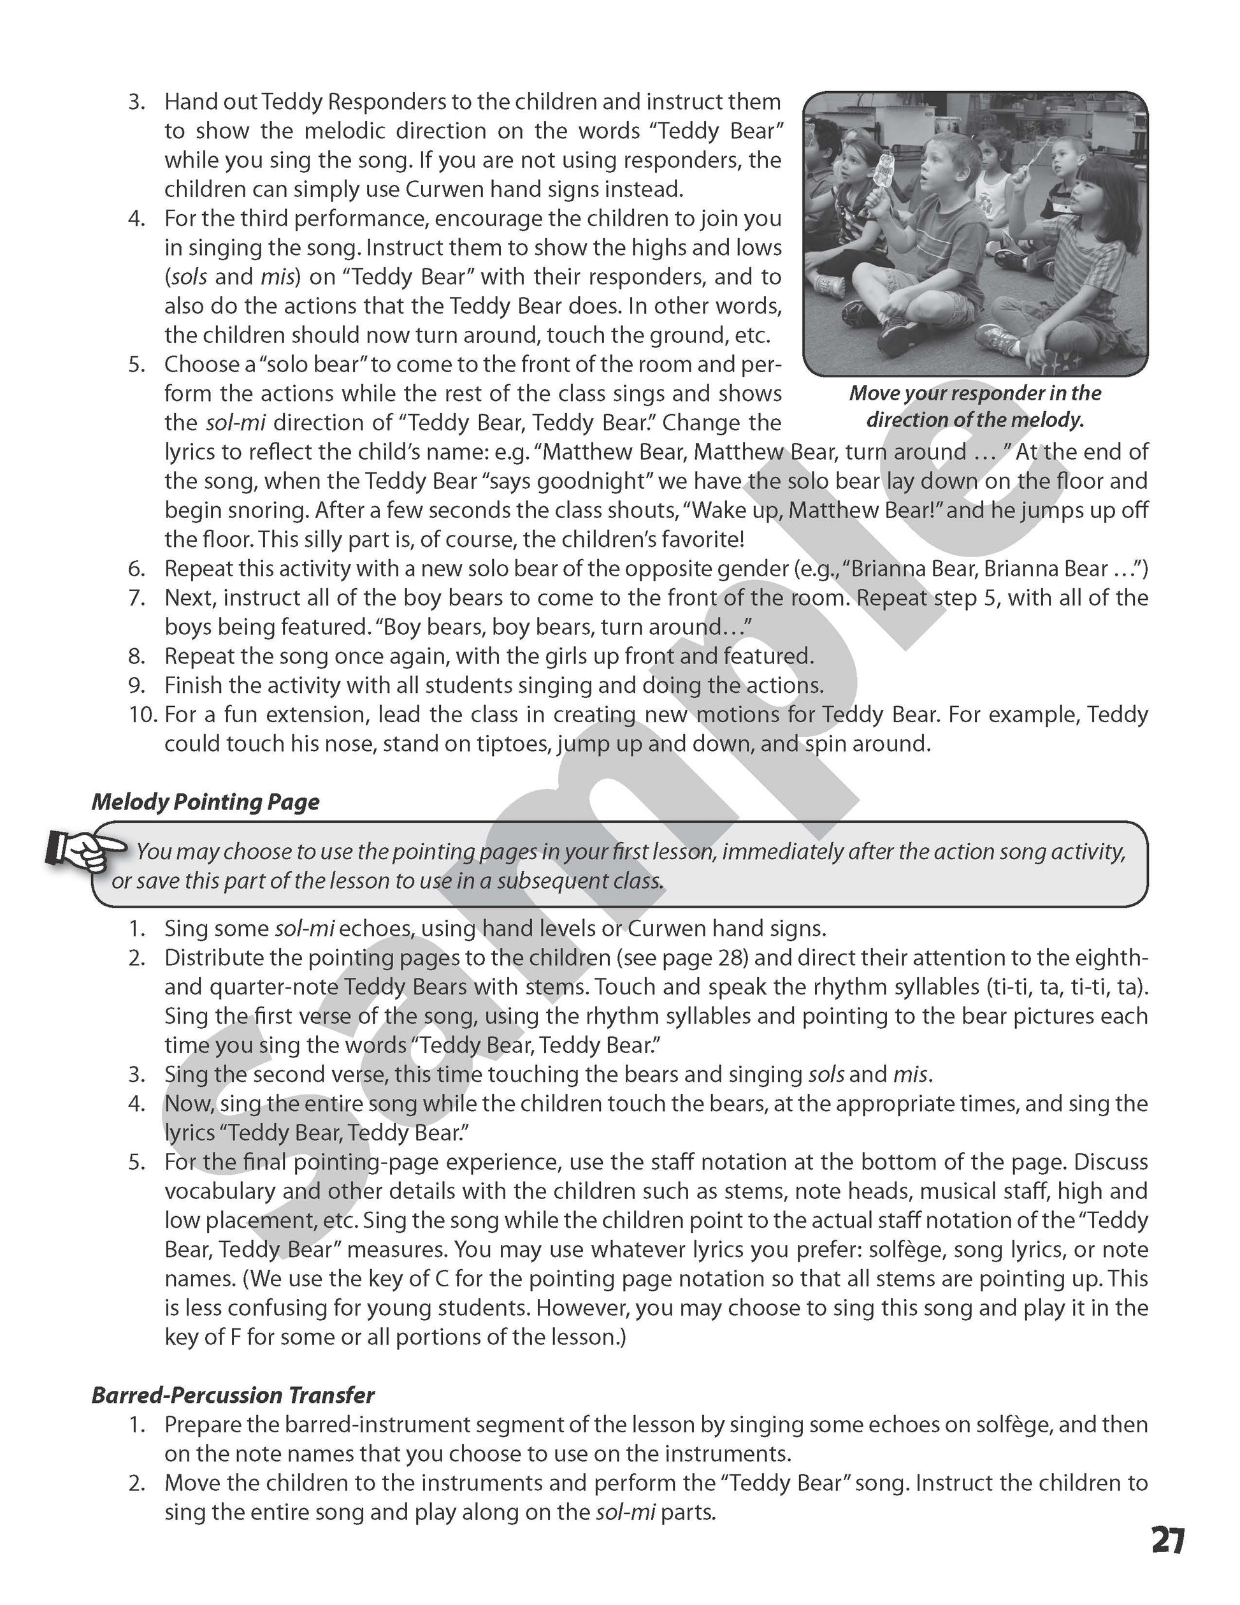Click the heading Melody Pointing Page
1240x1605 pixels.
205,802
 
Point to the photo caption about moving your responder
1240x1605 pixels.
975,407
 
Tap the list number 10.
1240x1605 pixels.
143,715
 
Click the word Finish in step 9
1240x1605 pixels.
192,686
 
